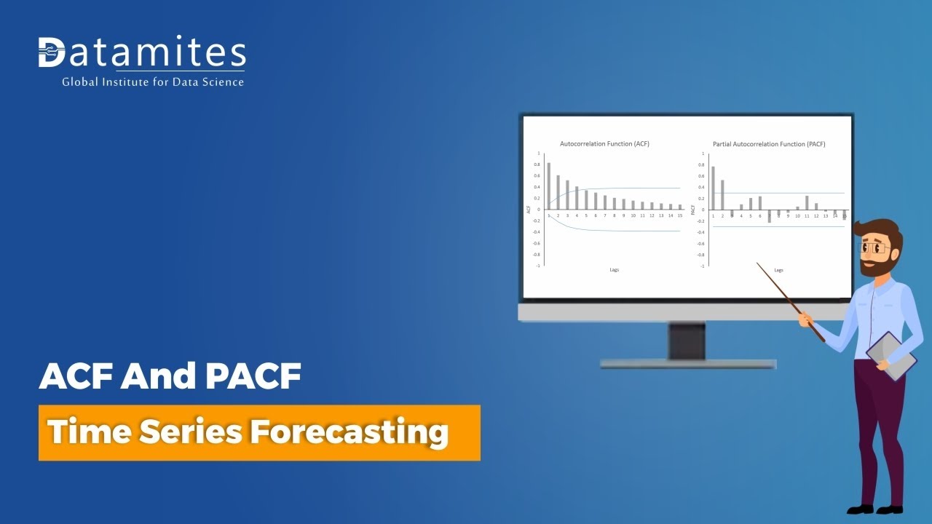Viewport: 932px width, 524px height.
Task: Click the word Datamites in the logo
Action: pyautogui.click(x=142, y=53)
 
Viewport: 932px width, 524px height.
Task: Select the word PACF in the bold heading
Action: pyautogui.click(x=253, y=377)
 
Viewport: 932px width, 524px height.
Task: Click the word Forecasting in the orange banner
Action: pyautogui.click(x=349, y=432)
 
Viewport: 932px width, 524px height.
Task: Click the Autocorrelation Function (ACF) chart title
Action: pyautogui.click(x=604, y=144)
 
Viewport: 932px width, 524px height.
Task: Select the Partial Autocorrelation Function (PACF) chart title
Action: pyautogui.click(x=769, y=144)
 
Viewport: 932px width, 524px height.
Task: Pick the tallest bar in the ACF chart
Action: pyautogui.click(x=549, y=186)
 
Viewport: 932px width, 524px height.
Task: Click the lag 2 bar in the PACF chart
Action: pyautogui.click(x=722, y=194)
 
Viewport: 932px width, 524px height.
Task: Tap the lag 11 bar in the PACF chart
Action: pyautogui.click(x=807, y=202)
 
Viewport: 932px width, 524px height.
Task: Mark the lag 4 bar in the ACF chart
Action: pyautogui.click(x=577, y=198)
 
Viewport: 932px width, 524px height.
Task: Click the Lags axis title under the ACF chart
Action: pyautogui.click(x=615, y=270)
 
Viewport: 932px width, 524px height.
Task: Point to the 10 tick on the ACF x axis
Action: pyautogui.click(x=633, y=215)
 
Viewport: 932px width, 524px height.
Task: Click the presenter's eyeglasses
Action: pyautogui.click(x=877, y=248)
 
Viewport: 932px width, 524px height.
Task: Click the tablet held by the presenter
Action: pyautogui.click(x=890, y=354)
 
